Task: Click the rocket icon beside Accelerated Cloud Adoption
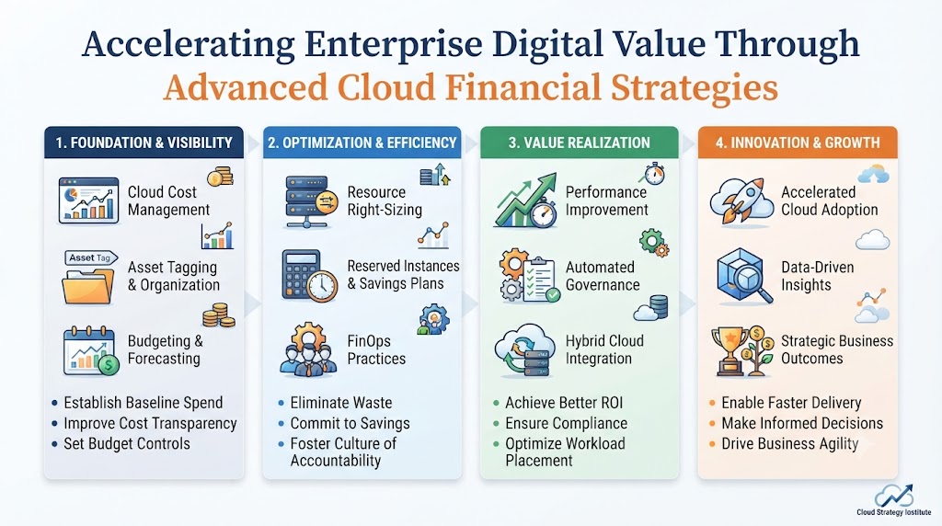pos(741,201)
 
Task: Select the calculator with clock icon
pos(310,276)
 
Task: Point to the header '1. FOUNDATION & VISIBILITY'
pos(144,143)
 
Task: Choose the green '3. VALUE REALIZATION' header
pos(580,143)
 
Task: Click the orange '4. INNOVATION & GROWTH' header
pos(798,143)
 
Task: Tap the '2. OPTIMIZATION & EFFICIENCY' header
pos(362,143)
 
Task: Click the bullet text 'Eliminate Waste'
pos(341,403)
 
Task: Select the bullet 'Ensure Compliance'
pos(566,423)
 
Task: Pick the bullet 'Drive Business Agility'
pos(790,444)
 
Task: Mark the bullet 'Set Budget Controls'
pos(127,444)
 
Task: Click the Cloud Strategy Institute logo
pos(894,500)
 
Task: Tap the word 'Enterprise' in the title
pos(393,44)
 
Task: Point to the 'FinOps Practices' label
pos(376,350)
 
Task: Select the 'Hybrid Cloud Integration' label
pos(604,350)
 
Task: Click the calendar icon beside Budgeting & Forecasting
pos(90,350)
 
